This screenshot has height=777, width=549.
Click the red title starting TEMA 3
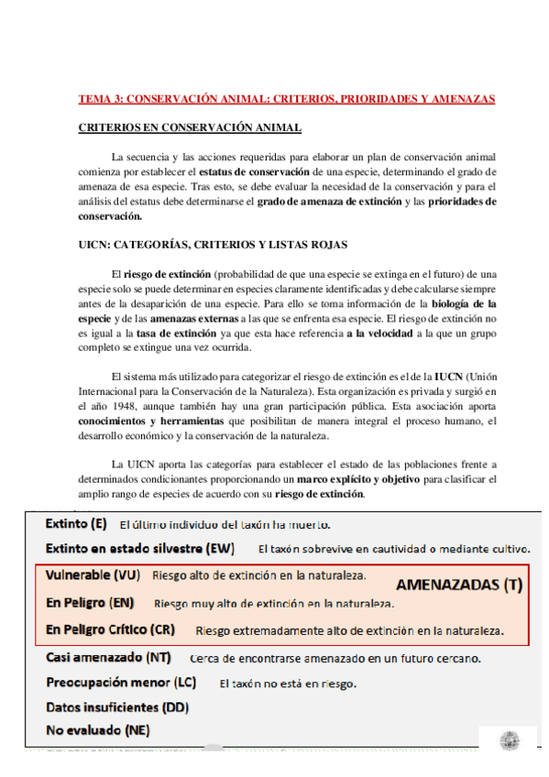point(286,98)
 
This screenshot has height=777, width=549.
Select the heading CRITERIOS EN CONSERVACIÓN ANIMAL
point(190,127)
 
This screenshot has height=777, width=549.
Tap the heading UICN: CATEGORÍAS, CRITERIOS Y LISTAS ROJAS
point(213,245)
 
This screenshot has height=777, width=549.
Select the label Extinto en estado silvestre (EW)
point(140,549)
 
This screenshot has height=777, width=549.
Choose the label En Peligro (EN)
point(90,603)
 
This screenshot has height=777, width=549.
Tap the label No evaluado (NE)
point(97,730)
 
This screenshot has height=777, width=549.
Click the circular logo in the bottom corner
point(509,740)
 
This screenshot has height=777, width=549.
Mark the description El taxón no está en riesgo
point(288,684)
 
